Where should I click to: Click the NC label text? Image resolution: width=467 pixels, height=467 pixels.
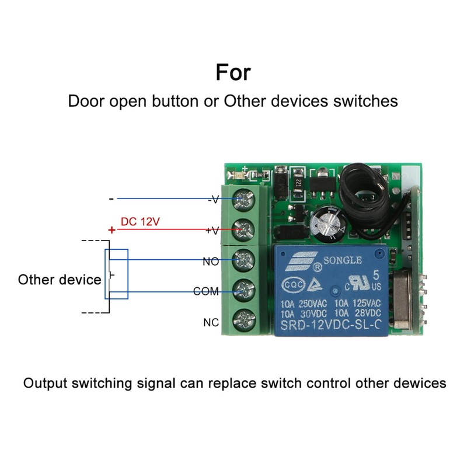(x=211, y=322)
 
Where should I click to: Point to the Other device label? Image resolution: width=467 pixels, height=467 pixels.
(x=60, y=280)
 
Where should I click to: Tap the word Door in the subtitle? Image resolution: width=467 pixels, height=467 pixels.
(x=86, y=100)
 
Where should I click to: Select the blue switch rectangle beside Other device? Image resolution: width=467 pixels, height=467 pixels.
(x=116, y=274)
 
